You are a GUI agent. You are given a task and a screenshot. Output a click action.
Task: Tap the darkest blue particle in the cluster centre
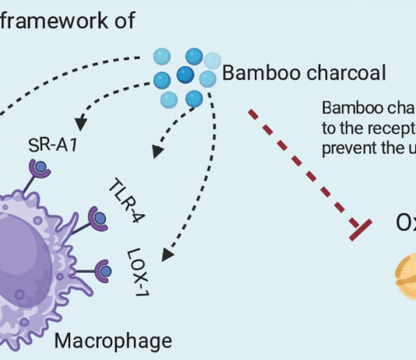tap(185, 74)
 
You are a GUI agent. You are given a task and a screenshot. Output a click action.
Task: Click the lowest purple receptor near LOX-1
tap(102, 272)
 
